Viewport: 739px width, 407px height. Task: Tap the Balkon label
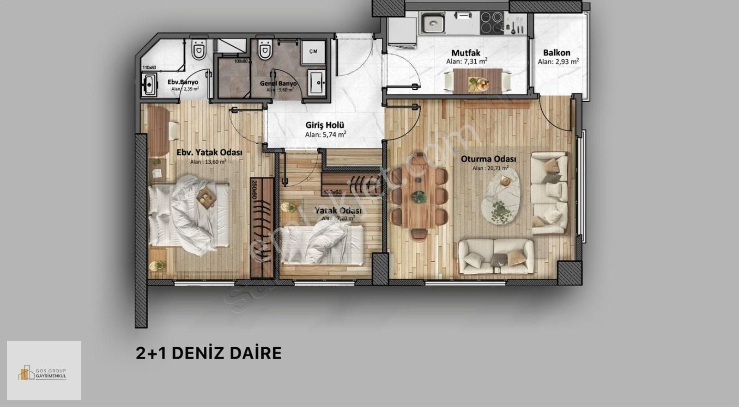point(557,53)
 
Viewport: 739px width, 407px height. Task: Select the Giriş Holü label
point(325,125)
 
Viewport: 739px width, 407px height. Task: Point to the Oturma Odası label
point(488,159)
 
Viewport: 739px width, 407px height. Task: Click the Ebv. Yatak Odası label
point(210,152)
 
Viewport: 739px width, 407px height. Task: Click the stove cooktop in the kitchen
point(491,19)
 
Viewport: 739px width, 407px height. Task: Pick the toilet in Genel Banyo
point(265,50)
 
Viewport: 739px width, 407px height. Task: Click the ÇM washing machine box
point(313,51)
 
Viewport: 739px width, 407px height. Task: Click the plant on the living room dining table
point(419,197)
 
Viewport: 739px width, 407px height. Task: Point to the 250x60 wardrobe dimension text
point(254,189)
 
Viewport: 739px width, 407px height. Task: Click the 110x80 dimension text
point(149,68)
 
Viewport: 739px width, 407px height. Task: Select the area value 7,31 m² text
point(467,61)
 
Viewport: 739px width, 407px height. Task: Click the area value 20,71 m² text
point(491,168)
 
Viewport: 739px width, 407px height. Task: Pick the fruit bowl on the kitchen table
point(478,84)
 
